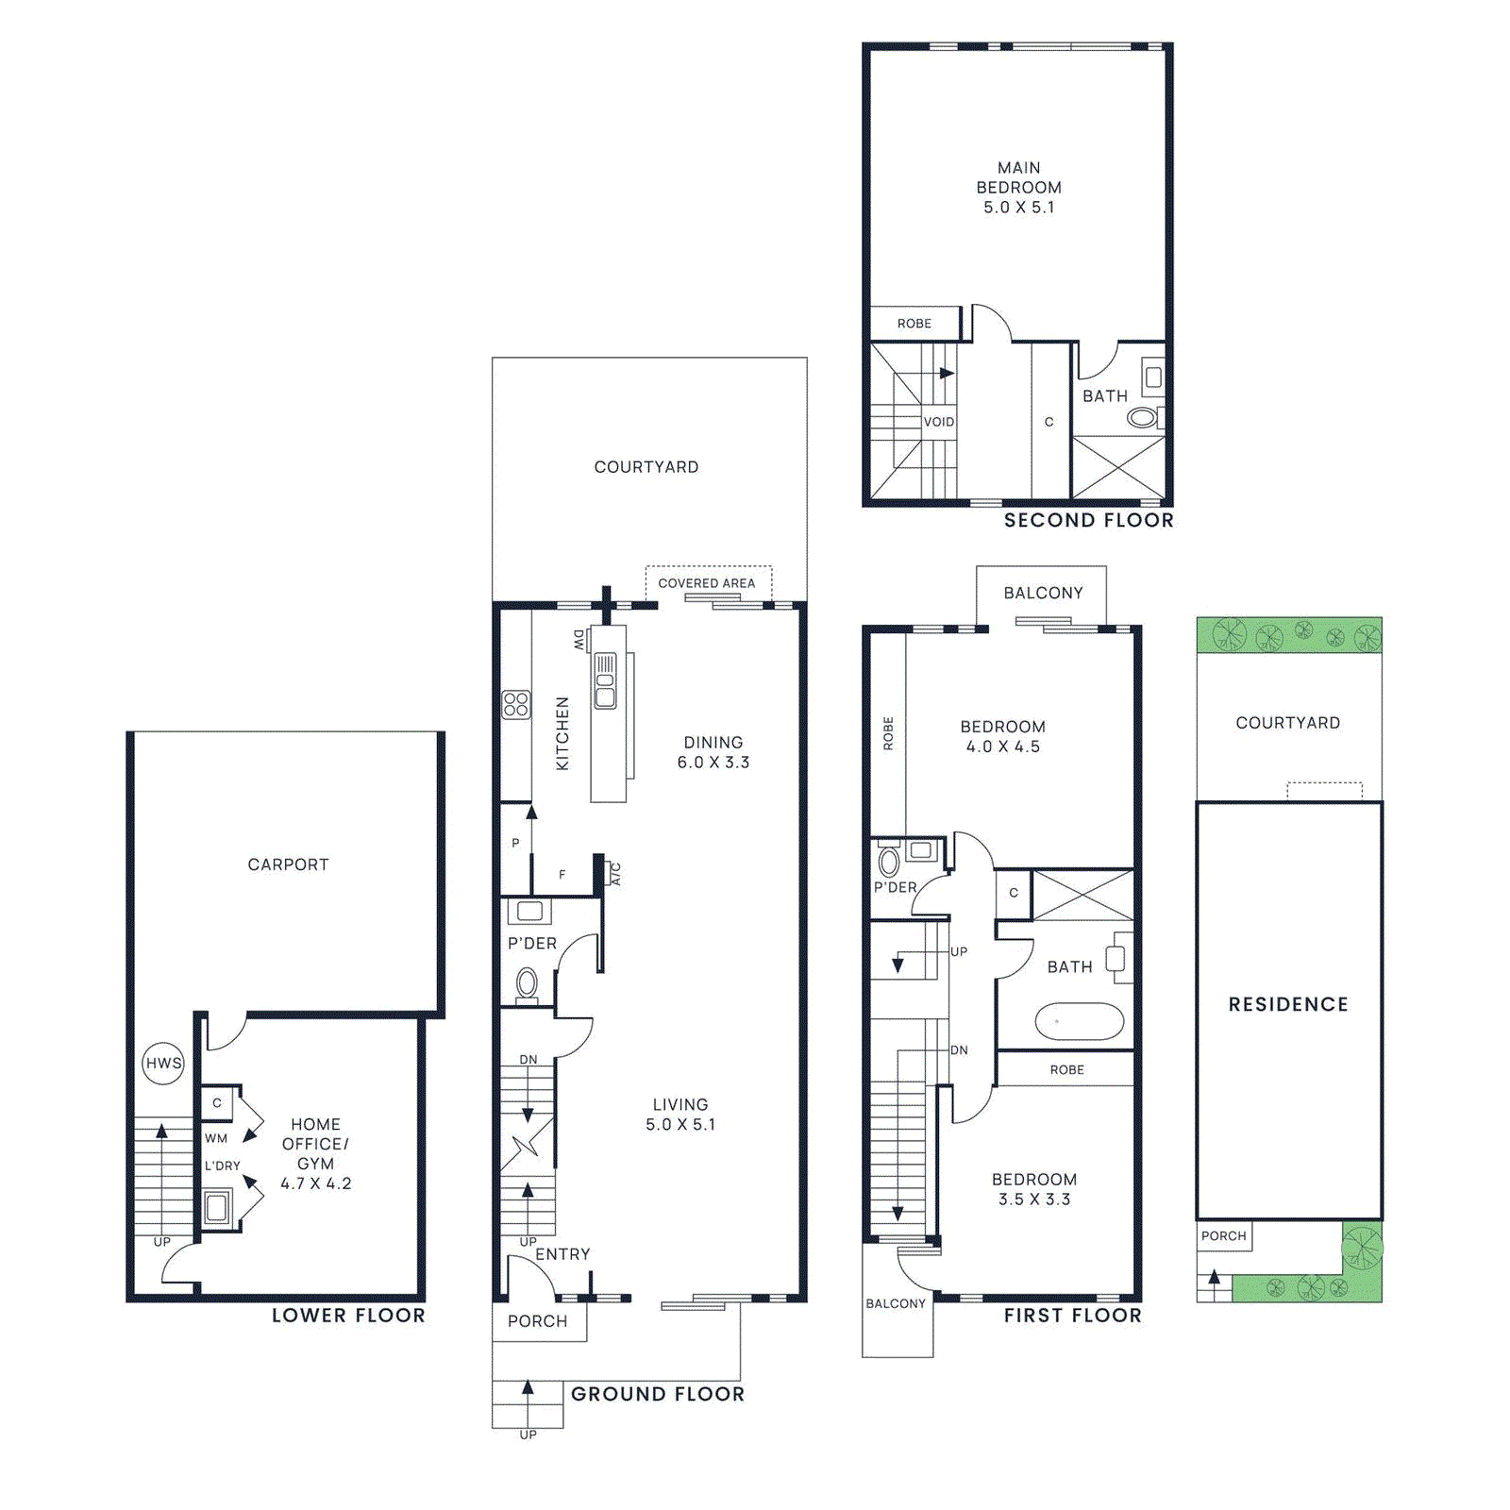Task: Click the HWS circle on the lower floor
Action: [163, 1063]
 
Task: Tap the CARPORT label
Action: [288, 864]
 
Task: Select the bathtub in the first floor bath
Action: [1079, 1021]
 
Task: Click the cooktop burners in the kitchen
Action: [516, 704]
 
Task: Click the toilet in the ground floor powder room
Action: [527, 985]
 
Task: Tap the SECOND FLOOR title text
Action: [1088, 520]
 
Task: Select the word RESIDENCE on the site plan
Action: [1288, 1004]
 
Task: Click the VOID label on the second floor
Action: [938, 422]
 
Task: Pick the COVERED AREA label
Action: [706, 583]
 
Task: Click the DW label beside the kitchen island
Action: [579, 640]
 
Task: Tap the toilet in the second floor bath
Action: [1142, 416]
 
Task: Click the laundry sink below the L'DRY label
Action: [217, 1206]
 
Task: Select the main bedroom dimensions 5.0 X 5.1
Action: [1018, 208]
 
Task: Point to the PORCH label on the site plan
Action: [1223, 1235]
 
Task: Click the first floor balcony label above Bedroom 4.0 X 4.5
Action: [1043, 593]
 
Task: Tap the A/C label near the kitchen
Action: [616, 874]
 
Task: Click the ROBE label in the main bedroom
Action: [914, 324]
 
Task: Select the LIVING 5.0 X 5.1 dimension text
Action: [679, 1125]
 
